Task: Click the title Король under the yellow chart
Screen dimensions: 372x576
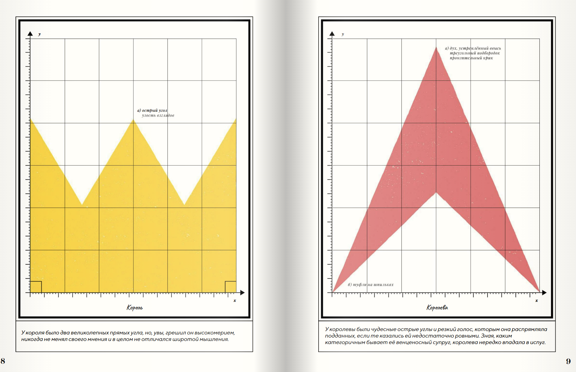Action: click(134, 307)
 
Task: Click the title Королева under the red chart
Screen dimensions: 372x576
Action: click(437, 307)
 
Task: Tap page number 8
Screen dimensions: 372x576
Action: click(3, 361)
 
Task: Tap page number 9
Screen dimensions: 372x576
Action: click(568, 361)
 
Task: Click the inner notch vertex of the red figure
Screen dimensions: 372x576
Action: click(436, 193)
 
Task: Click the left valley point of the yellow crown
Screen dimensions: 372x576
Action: click(82, 204)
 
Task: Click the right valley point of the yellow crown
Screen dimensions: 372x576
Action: click(184, 204)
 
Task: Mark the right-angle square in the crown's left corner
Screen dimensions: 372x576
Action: click(36, 287)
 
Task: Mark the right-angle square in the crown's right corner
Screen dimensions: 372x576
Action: click(230, 287)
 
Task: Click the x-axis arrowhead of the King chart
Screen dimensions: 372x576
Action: click(243, 293)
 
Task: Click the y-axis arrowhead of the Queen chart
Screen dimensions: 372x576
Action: click(332, 34)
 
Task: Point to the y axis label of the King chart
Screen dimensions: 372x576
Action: click(39, 34)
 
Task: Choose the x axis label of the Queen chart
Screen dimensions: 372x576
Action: click(536, 301)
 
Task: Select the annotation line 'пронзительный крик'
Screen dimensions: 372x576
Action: click(471, 58)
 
